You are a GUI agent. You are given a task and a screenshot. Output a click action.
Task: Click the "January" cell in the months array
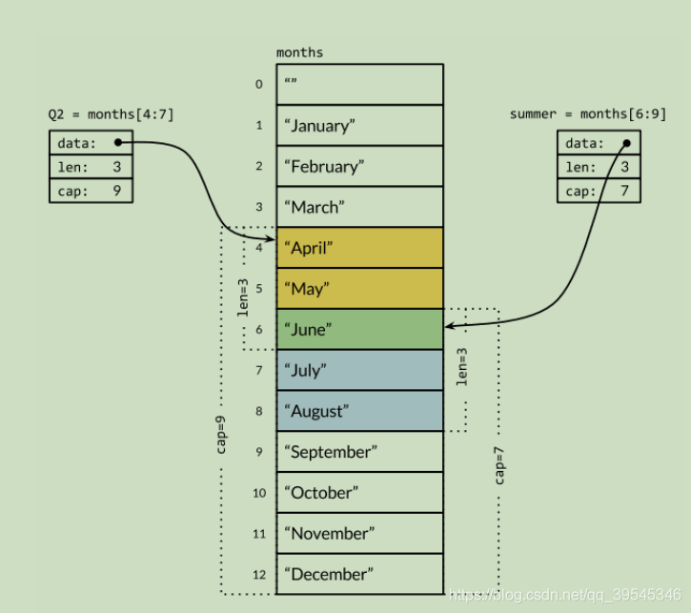point(359,125)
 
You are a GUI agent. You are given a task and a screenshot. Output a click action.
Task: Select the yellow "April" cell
point(359,248)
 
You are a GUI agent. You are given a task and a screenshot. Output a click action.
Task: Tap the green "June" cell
point(359,329)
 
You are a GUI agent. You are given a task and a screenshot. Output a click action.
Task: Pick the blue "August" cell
point(359,411)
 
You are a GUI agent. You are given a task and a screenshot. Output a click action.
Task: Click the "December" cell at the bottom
point(359,574)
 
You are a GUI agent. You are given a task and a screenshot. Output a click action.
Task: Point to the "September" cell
point(359,452)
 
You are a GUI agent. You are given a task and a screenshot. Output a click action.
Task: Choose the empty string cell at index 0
point(359,84)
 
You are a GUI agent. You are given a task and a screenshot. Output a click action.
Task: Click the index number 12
point(259,575)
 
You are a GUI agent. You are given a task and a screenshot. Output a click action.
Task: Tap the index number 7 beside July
point(259,371)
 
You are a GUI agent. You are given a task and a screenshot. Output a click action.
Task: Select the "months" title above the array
point(299,52)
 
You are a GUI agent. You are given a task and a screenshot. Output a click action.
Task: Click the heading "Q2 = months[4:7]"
point(112,114)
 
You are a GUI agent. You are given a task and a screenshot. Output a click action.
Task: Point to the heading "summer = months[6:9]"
point(587,114)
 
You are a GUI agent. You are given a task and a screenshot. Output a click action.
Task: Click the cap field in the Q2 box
point(91,190)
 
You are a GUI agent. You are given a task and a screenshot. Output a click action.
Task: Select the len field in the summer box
point(599,167)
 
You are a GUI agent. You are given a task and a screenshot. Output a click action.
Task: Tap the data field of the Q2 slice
point(91,143)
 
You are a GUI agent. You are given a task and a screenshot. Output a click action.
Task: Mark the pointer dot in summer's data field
point(627,143)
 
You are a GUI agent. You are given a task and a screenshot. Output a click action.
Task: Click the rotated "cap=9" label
point(221,434)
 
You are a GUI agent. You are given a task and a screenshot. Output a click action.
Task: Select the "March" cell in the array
point(359,207)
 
